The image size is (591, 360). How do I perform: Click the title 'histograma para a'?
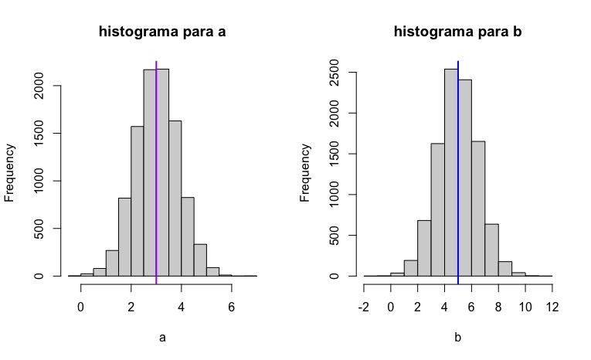point(162,32)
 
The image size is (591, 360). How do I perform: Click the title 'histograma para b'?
point(457,32)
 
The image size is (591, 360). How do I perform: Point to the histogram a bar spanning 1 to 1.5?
point(112,263)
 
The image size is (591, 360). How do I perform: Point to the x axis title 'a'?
point(162,338)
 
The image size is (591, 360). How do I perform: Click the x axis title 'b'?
point(458,338)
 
